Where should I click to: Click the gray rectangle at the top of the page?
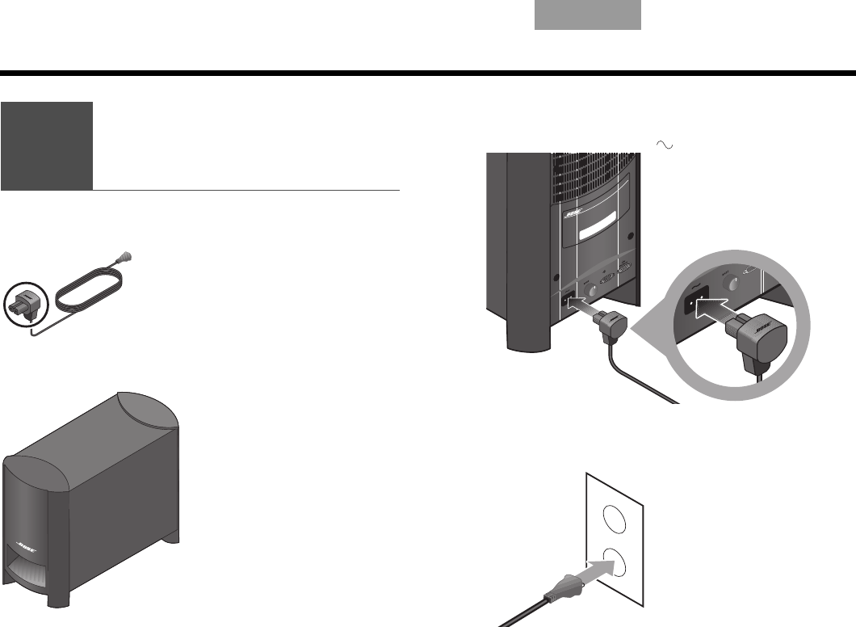coord(588,15)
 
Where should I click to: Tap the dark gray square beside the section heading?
coord(47,145)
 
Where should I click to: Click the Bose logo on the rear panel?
coord(573,214)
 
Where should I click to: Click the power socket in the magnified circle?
coord(695,304)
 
